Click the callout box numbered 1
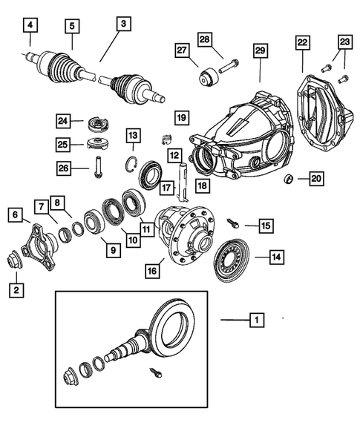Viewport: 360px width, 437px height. (255, 321)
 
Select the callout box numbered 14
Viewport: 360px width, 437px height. (275, 257)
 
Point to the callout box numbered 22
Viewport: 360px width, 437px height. (302, 43)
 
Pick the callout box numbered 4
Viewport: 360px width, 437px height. (30, 27)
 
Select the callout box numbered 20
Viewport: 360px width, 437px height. (315, 178)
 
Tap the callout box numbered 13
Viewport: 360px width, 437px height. (132, 135)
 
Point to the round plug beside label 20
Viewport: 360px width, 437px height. (290, 179)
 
